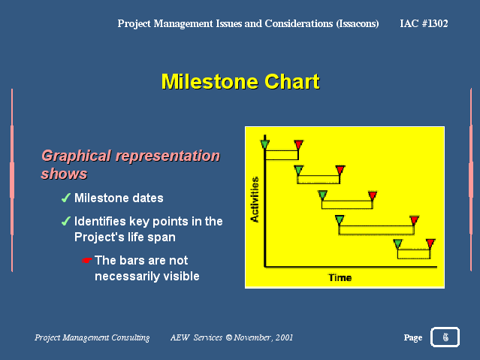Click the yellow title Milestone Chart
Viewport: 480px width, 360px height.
tap(240, 81)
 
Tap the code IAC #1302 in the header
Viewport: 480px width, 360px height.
tap(424, 23)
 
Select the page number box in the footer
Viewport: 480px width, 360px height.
tap(445, 337)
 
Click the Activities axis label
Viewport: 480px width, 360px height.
tap(255, 199)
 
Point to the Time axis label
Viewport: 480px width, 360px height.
tap(340, 278)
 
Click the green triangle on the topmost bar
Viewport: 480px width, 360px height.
tap(265, 144)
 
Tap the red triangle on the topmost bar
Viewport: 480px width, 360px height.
tap(298, 144)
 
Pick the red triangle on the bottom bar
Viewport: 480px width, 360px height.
tap(430, 244)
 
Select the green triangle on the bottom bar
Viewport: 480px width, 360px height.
tap(397, 244)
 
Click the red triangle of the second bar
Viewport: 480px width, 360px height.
tap(340, 169)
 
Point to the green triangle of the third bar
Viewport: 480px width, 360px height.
tap(323, 195)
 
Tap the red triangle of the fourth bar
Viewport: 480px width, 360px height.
tap(414, 219)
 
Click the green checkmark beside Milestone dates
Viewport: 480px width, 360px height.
tap(66, 198)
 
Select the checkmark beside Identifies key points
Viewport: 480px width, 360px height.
tap(66, 221)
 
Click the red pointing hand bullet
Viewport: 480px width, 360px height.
tap(87, 261)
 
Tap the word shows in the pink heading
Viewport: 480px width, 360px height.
tap(65, 174)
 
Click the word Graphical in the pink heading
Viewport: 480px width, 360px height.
tap(76, 156)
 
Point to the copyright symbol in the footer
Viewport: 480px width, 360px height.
tap(228, 337)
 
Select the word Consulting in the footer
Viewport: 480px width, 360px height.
tap(130, 337)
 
